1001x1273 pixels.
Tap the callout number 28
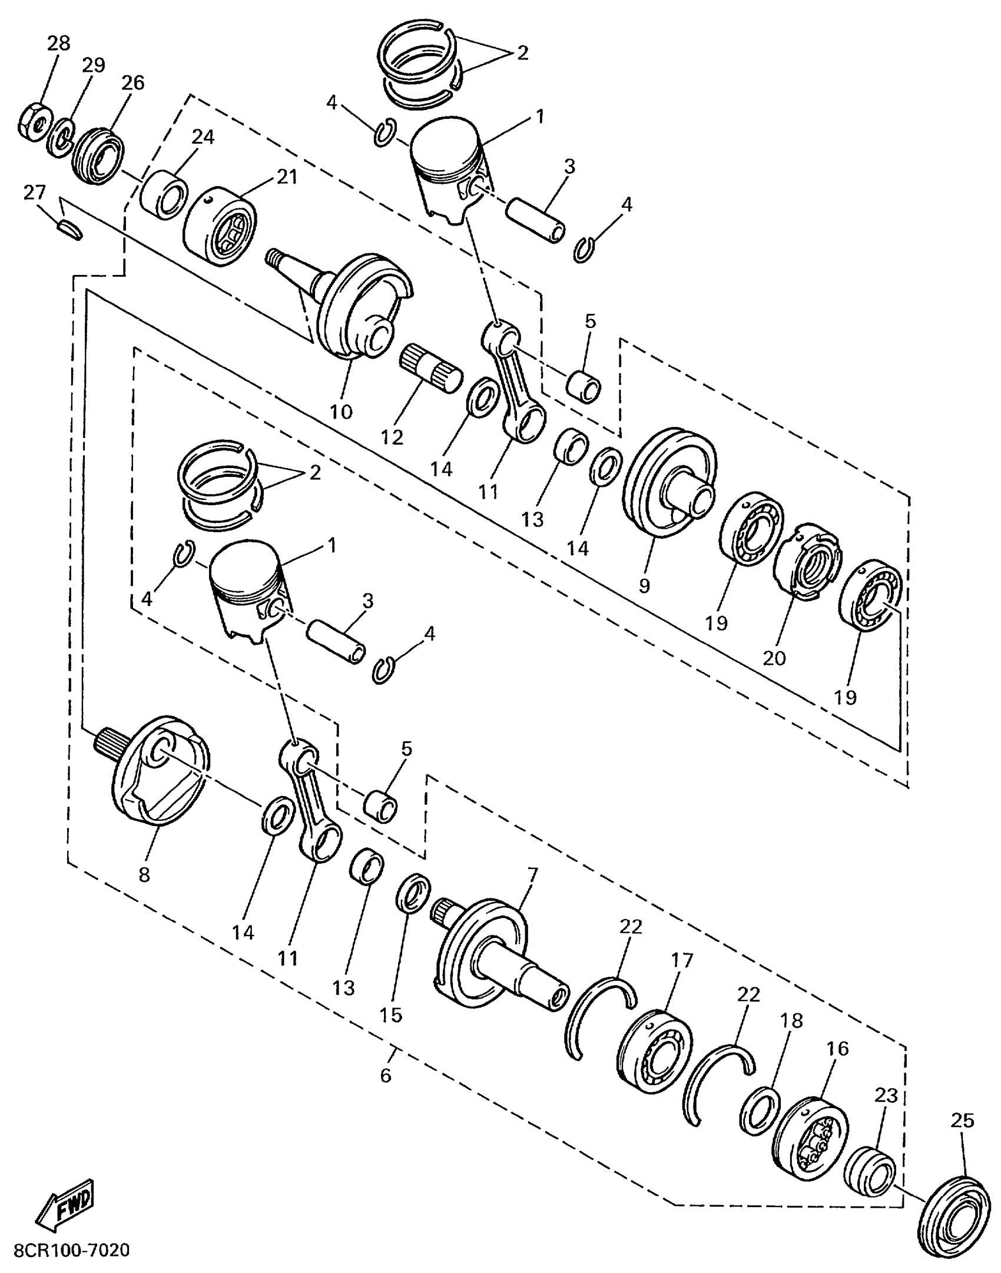58,44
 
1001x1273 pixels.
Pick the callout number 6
385,1076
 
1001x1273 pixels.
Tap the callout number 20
774,658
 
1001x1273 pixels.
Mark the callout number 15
390,1014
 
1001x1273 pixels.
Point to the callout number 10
341,411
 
